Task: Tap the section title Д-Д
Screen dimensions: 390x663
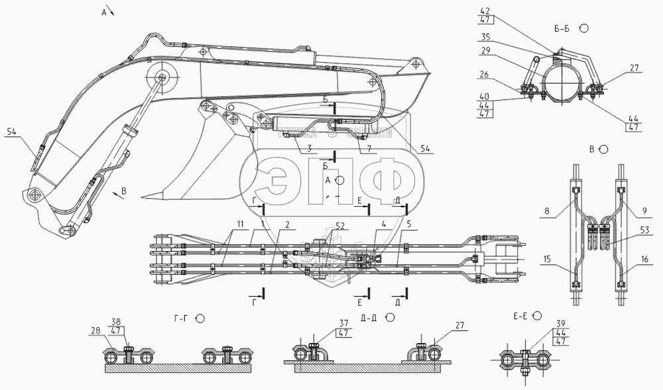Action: click(370, 318)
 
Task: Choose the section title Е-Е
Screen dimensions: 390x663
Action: click(522, 317)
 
